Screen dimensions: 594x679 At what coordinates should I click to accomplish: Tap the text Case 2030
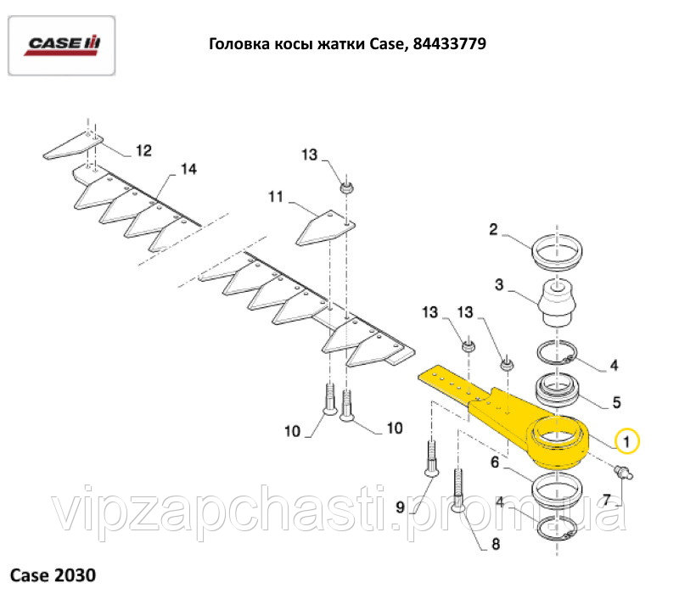tap(53, 574)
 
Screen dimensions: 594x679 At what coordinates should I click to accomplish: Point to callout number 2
tap(493, 228)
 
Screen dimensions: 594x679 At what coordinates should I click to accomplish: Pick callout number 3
tap(500, 285)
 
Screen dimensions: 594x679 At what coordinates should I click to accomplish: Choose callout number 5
tap(617, 401)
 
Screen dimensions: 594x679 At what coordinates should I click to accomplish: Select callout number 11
tap(275, 197)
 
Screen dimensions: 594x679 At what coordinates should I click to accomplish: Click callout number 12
tap(143, 150)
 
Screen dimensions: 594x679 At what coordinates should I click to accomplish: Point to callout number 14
tap(188, 169)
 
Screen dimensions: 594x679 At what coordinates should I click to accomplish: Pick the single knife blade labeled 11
tap(326, 227)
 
